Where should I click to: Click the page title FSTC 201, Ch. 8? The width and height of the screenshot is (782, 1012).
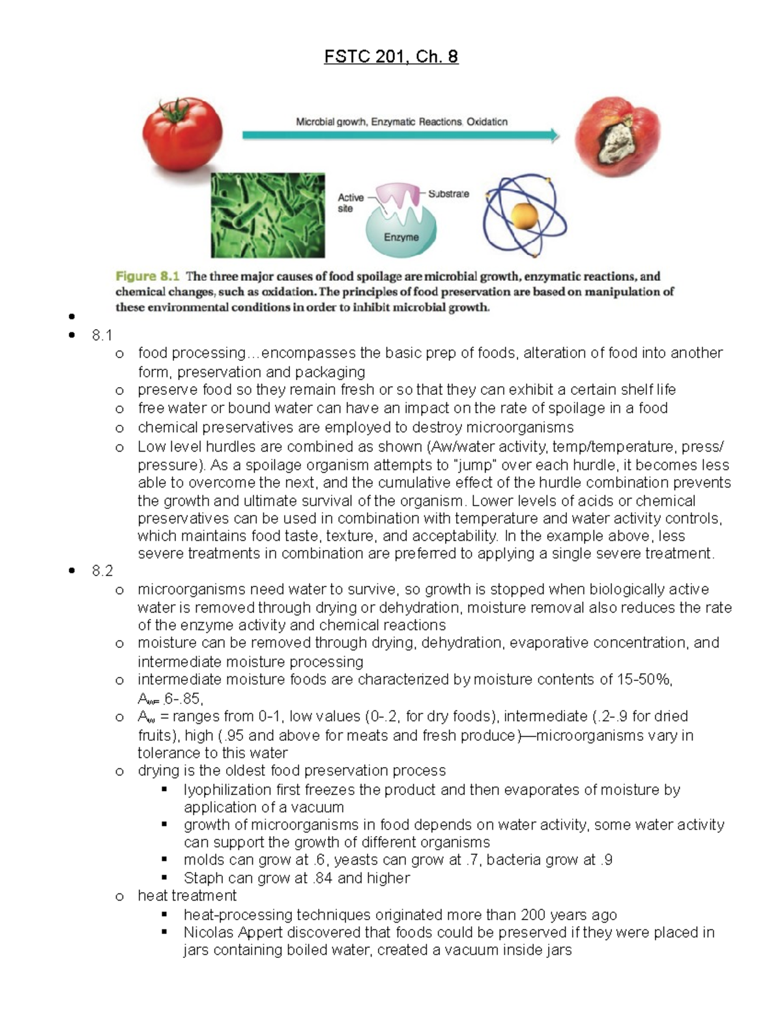coord(391,57)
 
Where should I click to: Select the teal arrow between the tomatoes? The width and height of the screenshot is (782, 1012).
coord(400,136)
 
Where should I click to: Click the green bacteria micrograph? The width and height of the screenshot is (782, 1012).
coord(267,215)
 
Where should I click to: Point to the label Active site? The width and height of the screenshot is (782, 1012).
coord(350,203)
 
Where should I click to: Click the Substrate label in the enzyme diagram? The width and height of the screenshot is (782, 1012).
coord(448,194)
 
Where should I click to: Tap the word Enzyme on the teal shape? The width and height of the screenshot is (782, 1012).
coord(401,237)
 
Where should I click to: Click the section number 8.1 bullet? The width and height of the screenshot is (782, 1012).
coord(102,335)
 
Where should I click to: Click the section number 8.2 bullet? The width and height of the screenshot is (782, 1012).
coord(102,571)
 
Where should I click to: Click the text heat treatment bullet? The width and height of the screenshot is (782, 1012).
coord(187,896)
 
